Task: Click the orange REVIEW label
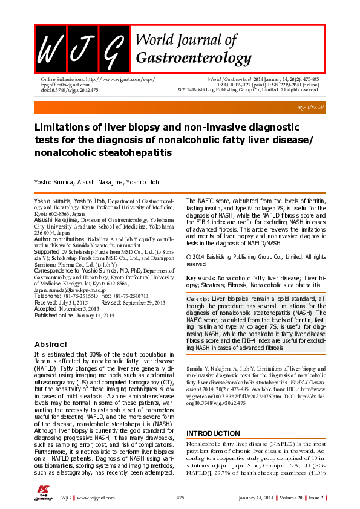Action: point(311,107)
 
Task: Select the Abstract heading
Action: point(51,344)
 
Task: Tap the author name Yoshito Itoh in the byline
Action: point(144,182)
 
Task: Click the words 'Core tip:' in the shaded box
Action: point(198,299)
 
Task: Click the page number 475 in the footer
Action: point(180,497)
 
